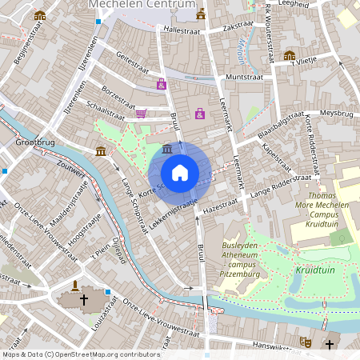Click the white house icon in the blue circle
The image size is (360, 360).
tap(180, 172)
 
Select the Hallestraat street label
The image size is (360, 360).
tap(180, 29)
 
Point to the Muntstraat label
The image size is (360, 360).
tap(245, 76)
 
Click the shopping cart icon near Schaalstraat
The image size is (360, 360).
tap(141, 114)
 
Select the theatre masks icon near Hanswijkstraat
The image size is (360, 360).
tap(305, 342)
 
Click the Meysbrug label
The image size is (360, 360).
tap(336, 114)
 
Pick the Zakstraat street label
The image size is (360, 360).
tap(238, 26)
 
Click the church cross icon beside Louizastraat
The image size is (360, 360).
tap(84, 300)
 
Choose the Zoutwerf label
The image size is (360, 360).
tap(72, 166)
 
